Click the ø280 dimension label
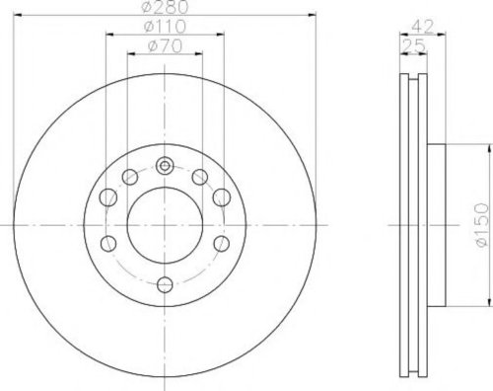(166, 7)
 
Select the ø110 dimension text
(166, 27)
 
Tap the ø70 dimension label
(165, 46)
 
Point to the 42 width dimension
(423, 27)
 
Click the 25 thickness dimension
(413, 46)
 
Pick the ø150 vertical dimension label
(481, 225)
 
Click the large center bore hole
(165, 225)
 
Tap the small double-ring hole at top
(165, 166)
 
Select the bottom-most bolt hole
(165, 284)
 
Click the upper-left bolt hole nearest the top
(130, 177)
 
